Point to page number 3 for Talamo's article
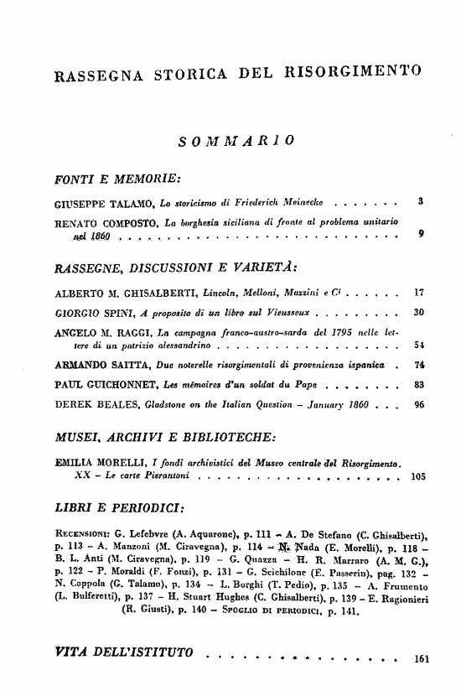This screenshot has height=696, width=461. point(418,202)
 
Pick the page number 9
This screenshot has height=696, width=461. point(418,235)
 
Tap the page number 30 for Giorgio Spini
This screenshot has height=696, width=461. point(417,311)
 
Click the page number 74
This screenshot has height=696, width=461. point(417,366)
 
